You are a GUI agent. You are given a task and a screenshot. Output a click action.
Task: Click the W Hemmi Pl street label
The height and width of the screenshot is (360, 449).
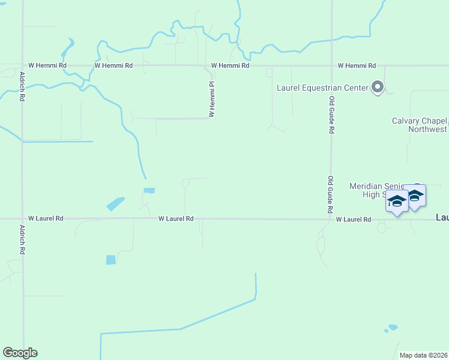click(x=212, y=99)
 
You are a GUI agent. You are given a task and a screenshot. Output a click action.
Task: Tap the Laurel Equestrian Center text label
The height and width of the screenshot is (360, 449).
click(x=322, y=88)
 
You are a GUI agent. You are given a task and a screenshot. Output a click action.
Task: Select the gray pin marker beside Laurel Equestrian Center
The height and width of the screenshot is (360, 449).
click(x=378, y=88)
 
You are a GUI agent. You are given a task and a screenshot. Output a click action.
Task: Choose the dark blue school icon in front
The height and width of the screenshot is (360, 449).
click(x=397, y=201)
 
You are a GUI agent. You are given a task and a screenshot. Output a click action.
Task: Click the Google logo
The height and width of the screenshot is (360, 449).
click(x=20, y=353)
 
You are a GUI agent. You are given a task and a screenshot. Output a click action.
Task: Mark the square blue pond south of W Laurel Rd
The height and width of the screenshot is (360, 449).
click(x=111, y=260)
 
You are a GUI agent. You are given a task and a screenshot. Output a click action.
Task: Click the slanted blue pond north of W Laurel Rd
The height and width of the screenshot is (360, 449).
click(x=115, y=204)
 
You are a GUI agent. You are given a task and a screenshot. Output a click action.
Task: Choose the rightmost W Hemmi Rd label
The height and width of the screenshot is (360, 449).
click(x=357, y=65)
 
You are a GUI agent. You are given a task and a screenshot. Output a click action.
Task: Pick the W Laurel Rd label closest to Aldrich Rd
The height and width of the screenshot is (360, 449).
click(x=46, y=219)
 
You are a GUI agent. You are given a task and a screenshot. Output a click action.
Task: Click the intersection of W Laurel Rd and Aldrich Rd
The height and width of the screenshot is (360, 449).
click(x=22, y=219)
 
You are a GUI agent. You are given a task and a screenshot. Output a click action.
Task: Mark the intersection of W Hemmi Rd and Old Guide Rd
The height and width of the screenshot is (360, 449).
click(x=331, y=65)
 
